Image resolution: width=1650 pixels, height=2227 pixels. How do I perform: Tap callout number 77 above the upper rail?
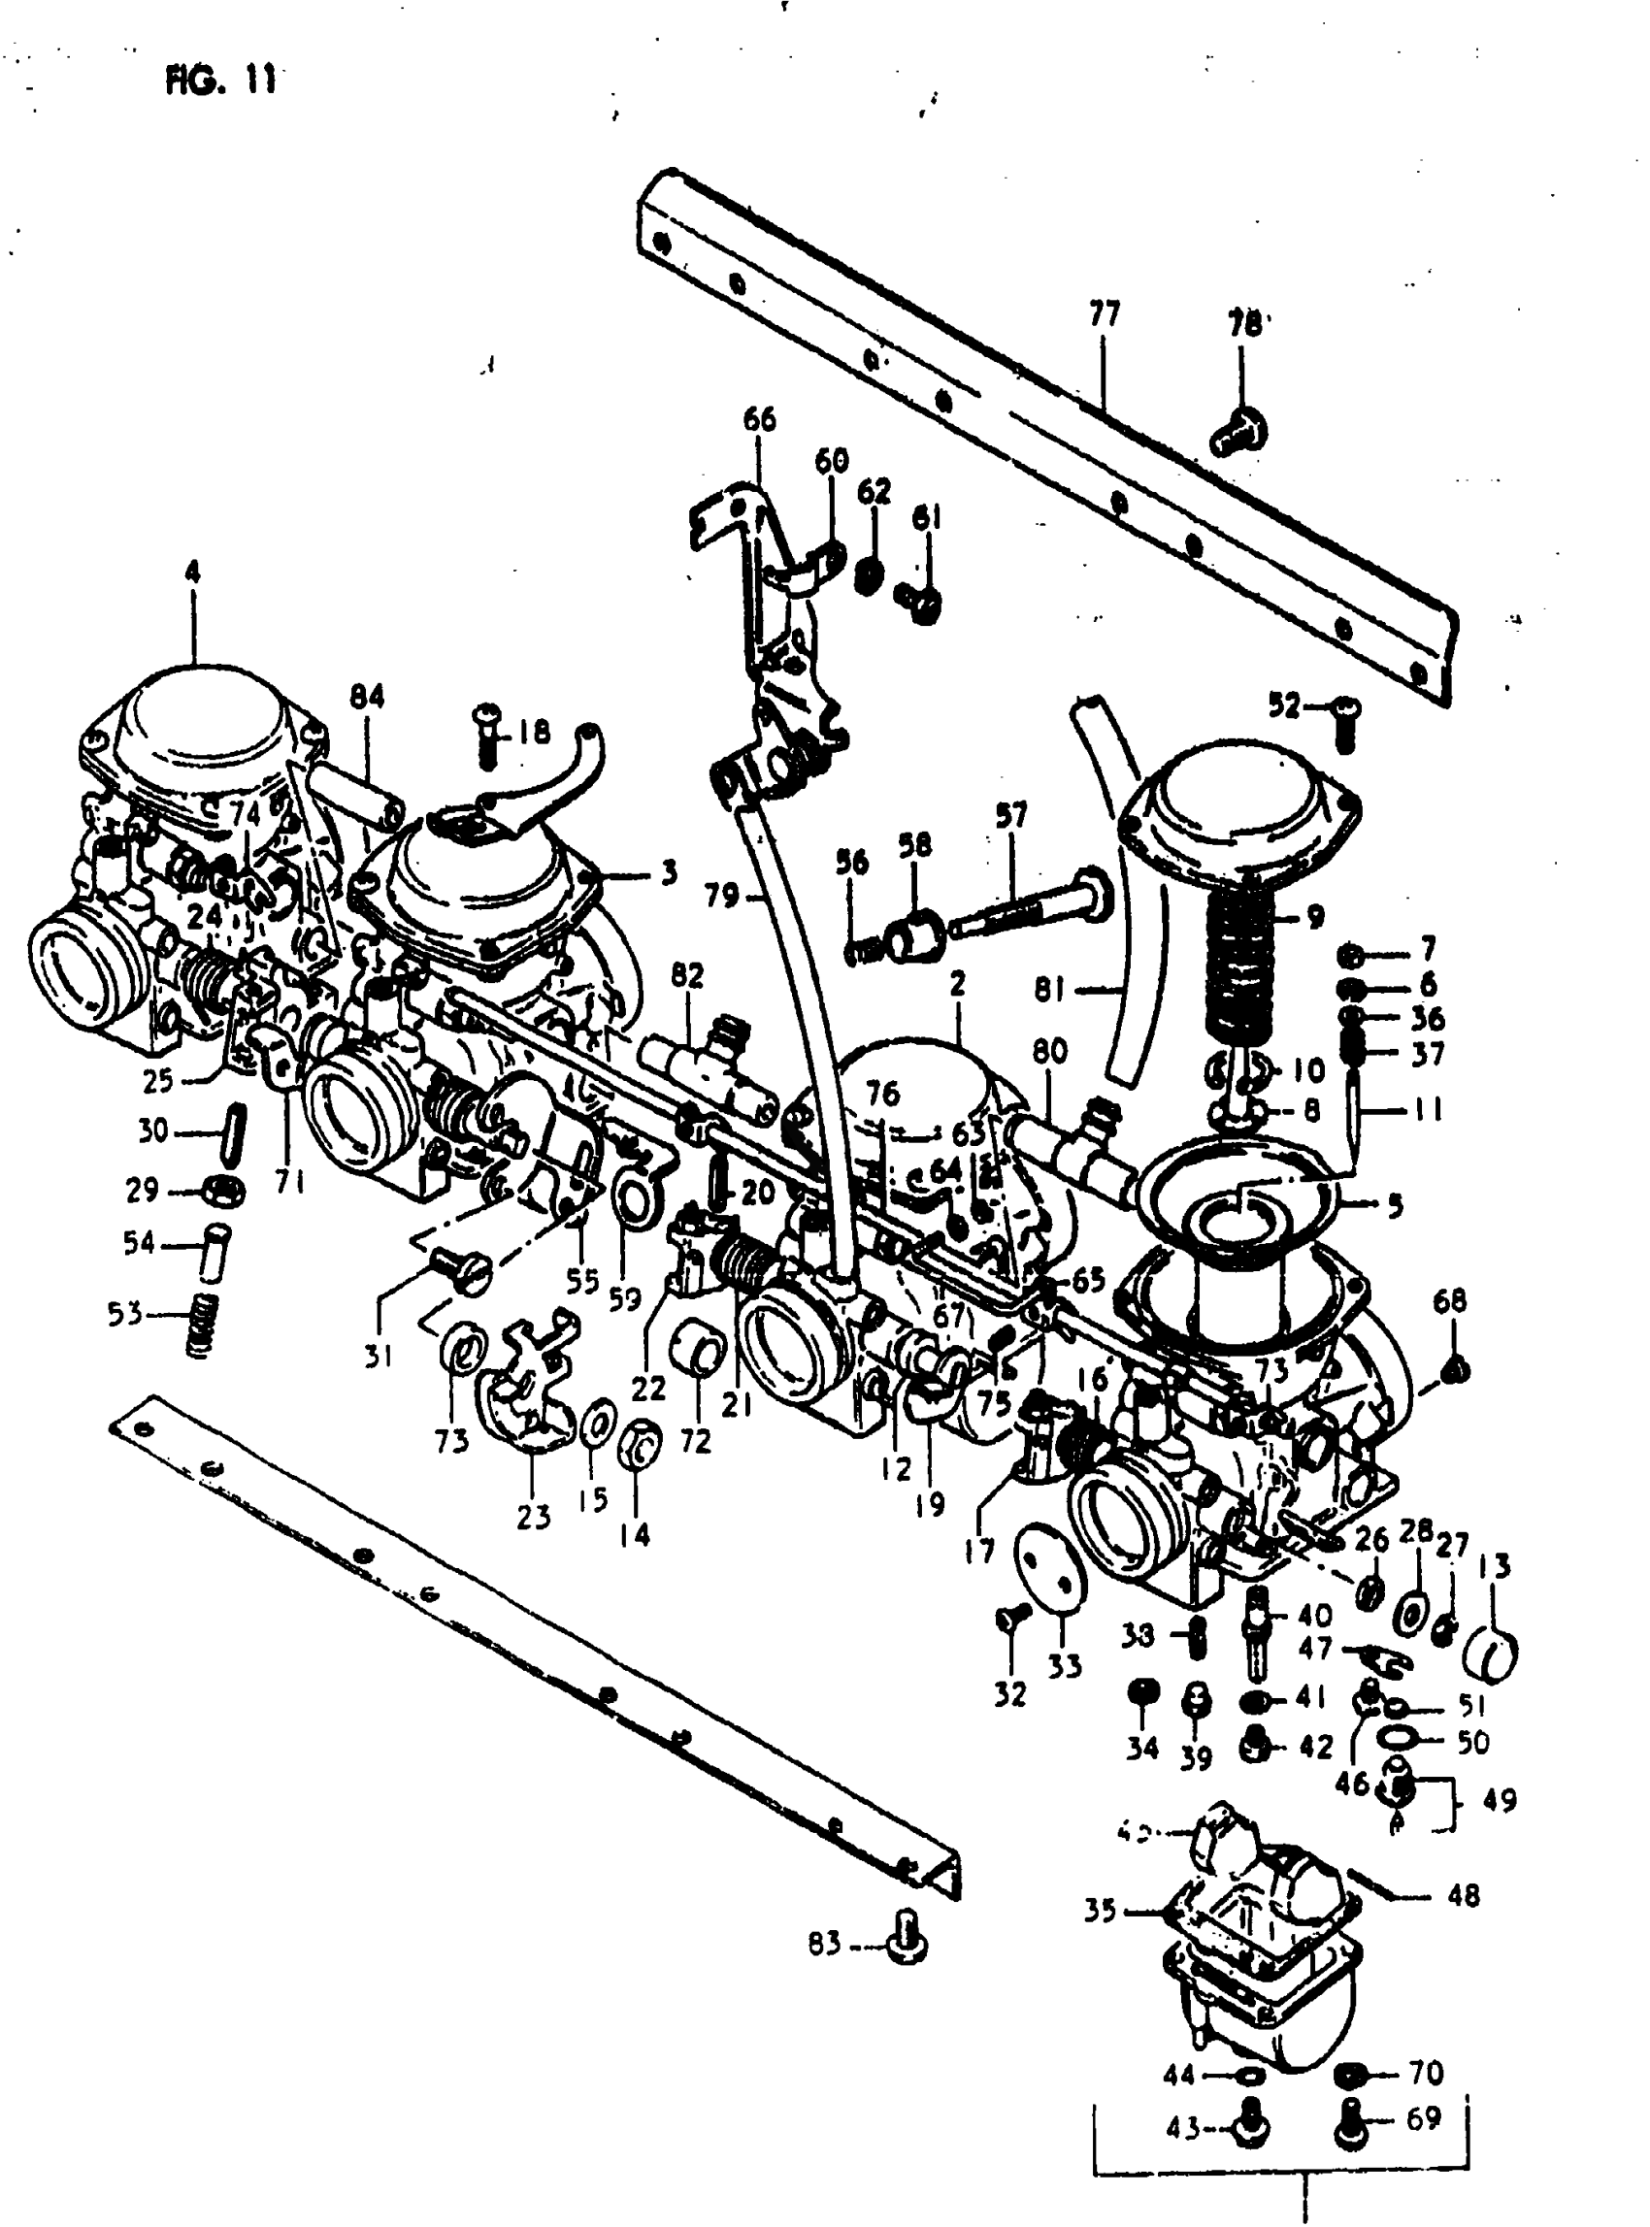(x=1104, y=314)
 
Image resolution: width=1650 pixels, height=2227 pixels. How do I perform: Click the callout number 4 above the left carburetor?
(x=192, y=573)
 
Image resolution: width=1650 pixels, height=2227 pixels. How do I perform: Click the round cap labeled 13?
(x=1491, y=1652)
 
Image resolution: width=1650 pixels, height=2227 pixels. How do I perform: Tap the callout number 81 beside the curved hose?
(x=1049, y=990)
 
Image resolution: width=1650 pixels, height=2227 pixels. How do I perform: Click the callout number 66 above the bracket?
(x=759, y=419)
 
